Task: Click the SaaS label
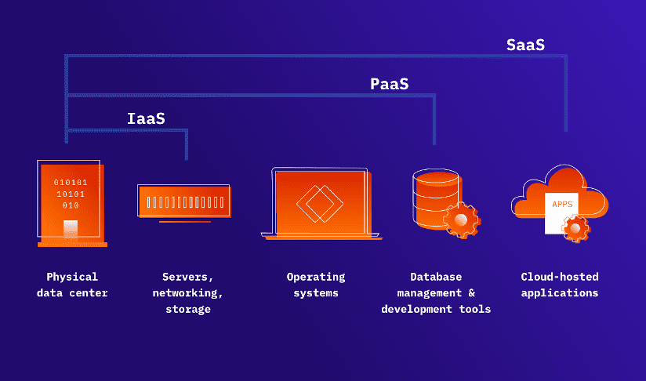pos(525,45)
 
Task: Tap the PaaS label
pos(390,83)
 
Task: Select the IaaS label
pos(147,119)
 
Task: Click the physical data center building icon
pos(71,202)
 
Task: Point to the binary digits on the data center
pos(71,194)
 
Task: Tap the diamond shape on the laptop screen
pos(320,203)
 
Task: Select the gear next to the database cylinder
pos(461,220)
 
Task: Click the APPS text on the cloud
pos(562,204)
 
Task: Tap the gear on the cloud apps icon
pos(577,228)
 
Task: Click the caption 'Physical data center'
pos(72,285)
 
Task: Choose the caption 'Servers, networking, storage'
pos(188,292)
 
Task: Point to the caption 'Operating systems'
pos(316,285)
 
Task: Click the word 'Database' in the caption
pos(436,277)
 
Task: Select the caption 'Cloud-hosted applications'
pos(560,285)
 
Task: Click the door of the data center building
pos(71,229)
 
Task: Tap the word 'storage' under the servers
pos(188,309)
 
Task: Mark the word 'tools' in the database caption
pos(475,309)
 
